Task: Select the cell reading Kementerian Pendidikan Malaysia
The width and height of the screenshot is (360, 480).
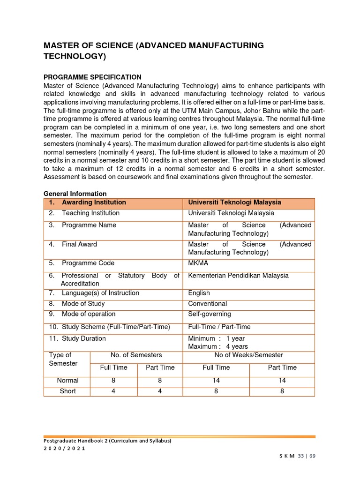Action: [x=238, y=276]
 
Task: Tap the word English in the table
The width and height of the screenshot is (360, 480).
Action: [x=199, y=293]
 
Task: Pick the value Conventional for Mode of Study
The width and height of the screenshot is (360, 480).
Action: [x=207, y=304]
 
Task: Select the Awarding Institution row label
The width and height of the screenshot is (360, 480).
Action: [x=93, y=202]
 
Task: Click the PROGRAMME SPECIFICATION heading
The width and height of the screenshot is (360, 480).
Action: [x=92, y=77]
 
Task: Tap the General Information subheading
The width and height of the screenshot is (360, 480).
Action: [x=75, y=194]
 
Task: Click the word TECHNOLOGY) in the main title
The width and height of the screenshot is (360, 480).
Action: [x=75, y=57]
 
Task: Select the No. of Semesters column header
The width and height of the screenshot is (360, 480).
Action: [x=136, y=355]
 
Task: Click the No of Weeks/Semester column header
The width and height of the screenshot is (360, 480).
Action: [x=248, y=355]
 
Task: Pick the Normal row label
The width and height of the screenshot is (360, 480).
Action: [x=67, y=381]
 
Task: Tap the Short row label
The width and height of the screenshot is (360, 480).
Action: [x=67, y=391]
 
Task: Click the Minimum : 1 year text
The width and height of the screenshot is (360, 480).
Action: [x=216, y=338]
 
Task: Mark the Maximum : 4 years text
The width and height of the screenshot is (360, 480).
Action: [x=218, y=347]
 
